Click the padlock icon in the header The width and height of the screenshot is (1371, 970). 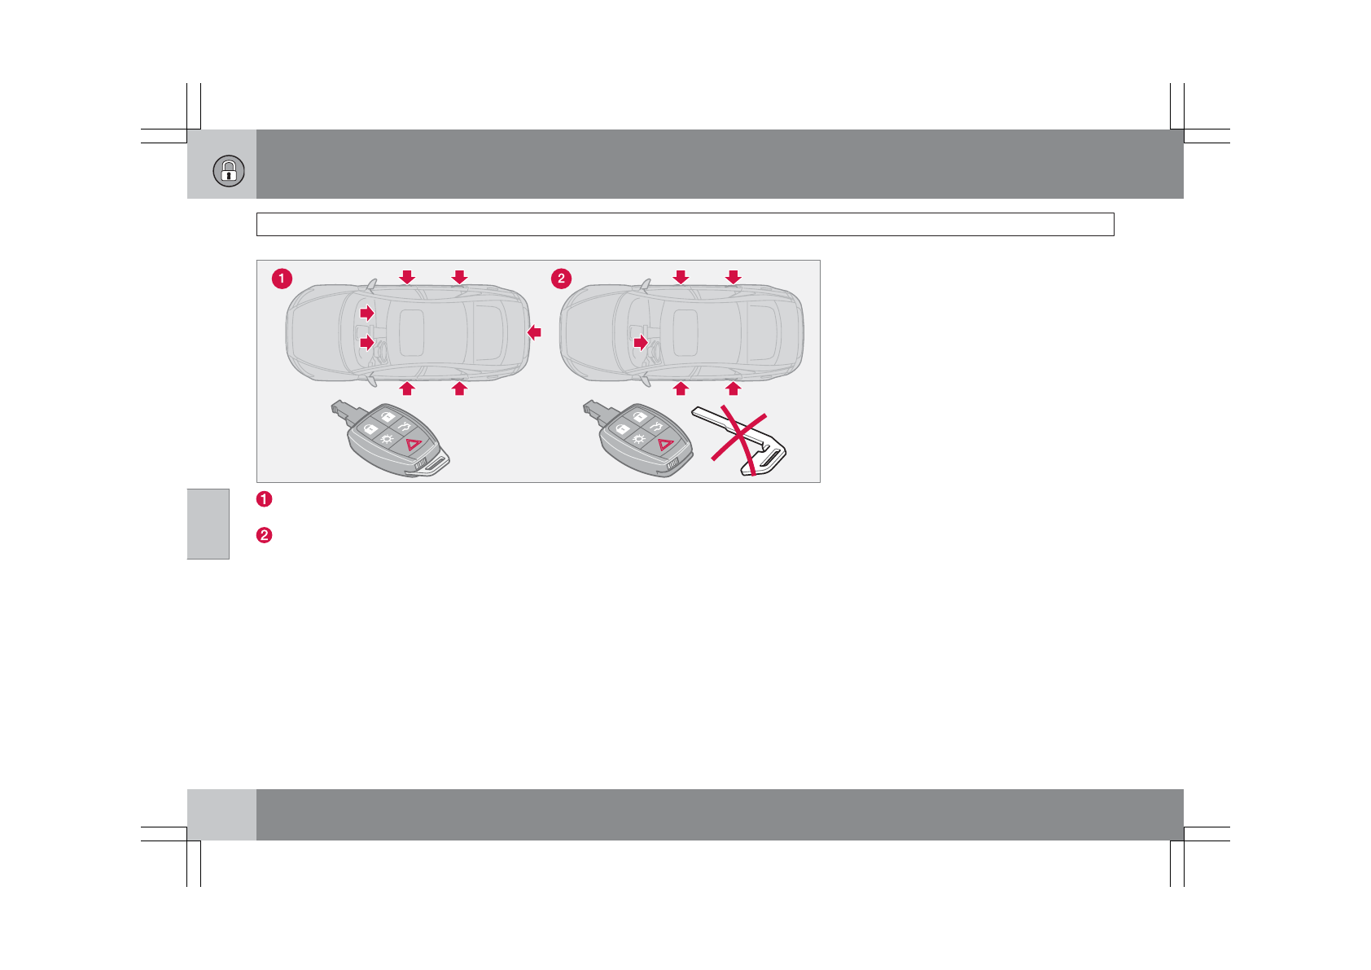(x=229, y=171)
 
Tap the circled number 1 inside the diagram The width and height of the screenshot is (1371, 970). (x=282, y=279)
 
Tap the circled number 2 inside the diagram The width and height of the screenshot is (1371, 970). (x=561, y=279)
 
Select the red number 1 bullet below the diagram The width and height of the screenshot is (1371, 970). (x=264, y=498)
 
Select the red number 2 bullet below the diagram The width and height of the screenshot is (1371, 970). (x=264, y=536)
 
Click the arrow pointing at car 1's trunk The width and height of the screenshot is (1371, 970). (x=534, y=332)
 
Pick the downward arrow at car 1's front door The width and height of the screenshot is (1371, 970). (x=407, y=277)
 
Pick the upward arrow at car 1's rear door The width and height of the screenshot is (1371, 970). (x=459, y=388)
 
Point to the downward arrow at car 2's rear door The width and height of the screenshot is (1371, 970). (x=733, y=277)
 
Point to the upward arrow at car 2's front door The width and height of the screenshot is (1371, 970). (x=681, y=388)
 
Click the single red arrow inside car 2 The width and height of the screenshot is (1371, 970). (x=641, y=343)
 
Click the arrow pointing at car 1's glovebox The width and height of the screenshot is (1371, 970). (x=367, y=313)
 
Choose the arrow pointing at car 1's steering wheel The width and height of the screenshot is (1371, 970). (x=367, y=343)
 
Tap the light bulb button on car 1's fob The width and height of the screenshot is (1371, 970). (x=387, y=440)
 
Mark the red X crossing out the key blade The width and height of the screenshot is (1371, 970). (x=739, y=444)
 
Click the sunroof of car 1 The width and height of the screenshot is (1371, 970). (x=412, y=332)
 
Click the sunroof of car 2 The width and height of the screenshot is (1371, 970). (x=685, y=332)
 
